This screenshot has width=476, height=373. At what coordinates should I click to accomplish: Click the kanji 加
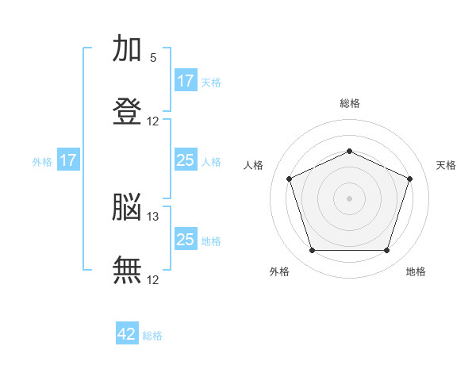pos(128,49)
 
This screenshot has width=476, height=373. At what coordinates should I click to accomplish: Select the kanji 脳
pos(128,208)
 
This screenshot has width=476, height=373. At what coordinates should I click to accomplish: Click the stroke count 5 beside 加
pos(153,58)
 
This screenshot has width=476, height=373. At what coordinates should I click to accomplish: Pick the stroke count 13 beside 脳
pos(153,217)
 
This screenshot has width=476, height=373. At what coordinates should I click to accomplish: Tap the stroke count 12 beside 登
pos(153,121)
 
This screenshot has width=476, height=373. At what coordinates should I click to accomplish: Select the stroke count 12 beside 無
pos(153,280)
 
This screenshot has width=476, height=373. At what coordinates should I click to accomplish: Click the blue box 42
pos(127,334)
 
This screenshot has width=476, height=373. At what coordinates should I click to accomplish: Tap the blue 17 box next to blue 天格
pos(185,81)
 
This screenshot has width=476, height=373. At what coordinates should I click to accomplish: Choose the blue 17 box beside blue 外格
pos(67,160)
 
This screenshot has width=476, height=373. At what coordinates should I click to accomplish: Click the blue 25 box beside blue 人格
pos(185,160)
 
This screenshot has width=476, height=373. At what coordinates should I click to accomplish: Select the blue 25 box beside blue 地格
pos(185,240)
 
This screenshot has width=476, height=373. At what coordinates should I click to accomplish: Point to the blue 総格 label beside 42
pos(152,336)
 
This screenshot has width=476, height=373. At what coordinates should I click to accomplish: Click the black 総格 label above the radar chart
pos(350,103)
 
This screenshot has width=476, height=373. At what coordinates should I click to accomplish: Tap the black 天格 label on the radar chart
pos(446,165)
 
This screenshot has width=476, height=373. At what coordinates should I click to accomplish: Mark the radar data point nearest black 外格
pos(312,251)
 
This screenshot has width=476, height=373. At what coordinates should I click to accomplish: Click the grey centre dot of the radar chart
pos(349,198)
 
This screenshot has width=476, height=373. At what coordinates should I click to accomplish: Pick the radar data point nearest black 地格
pos(387,251)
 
